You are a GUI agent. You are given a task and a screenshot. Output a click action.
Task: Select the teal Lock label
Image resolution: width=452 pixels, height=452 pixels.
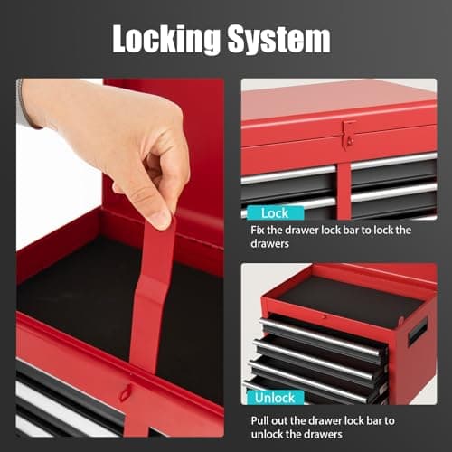[275, 213]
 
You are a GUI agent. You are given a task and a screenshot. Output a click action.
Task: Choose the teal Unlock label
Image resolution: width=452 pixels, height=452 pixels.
[275, 396]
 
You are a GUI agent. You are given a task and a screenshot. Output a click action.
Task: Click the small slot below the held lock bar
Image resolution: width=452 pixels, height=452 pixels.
[127, 393]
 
